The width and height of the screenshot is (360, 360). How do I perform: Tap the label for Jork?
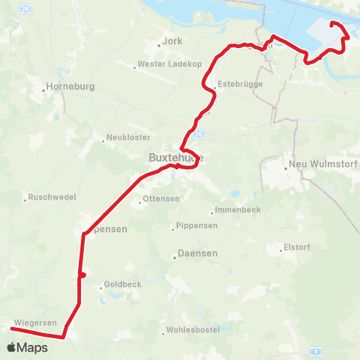[172, 42]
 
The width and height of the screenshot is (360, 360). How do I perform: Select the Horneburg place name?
[70, 86]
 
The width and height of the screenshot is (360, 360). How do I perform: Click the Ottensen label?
[159, 199]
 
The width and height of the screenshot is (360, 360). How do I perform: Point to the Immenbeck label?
[237, 210]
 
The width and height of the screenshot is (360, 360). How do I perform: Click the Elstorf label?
[295, 247]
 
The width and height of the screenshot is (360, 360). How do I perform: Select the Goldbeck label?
[121, 285]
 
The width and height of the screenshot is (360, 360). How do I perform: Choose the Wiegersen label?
[34, 322]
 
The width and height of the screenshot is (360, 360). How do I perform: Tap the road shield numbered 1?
[317, 351]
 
